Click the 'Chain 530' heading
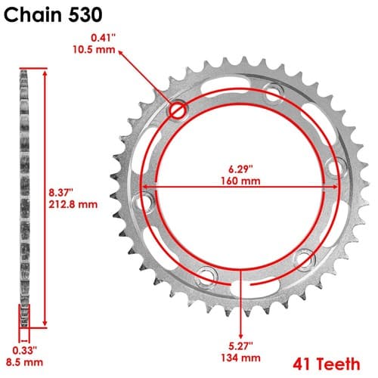point(53,15)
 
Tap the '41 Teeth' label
point(327,364)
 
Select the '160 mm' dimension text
point(240,181)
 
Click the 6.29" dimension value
point(240,169)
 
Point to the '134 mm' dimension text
point(240,358)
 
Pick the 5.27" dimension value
point(240,346)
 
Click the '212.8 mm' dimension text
point(73,204)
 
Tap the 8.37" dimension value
point(60,193)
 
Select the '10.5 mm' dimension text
point(94,50)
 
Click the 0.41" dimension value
point(103,38)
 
